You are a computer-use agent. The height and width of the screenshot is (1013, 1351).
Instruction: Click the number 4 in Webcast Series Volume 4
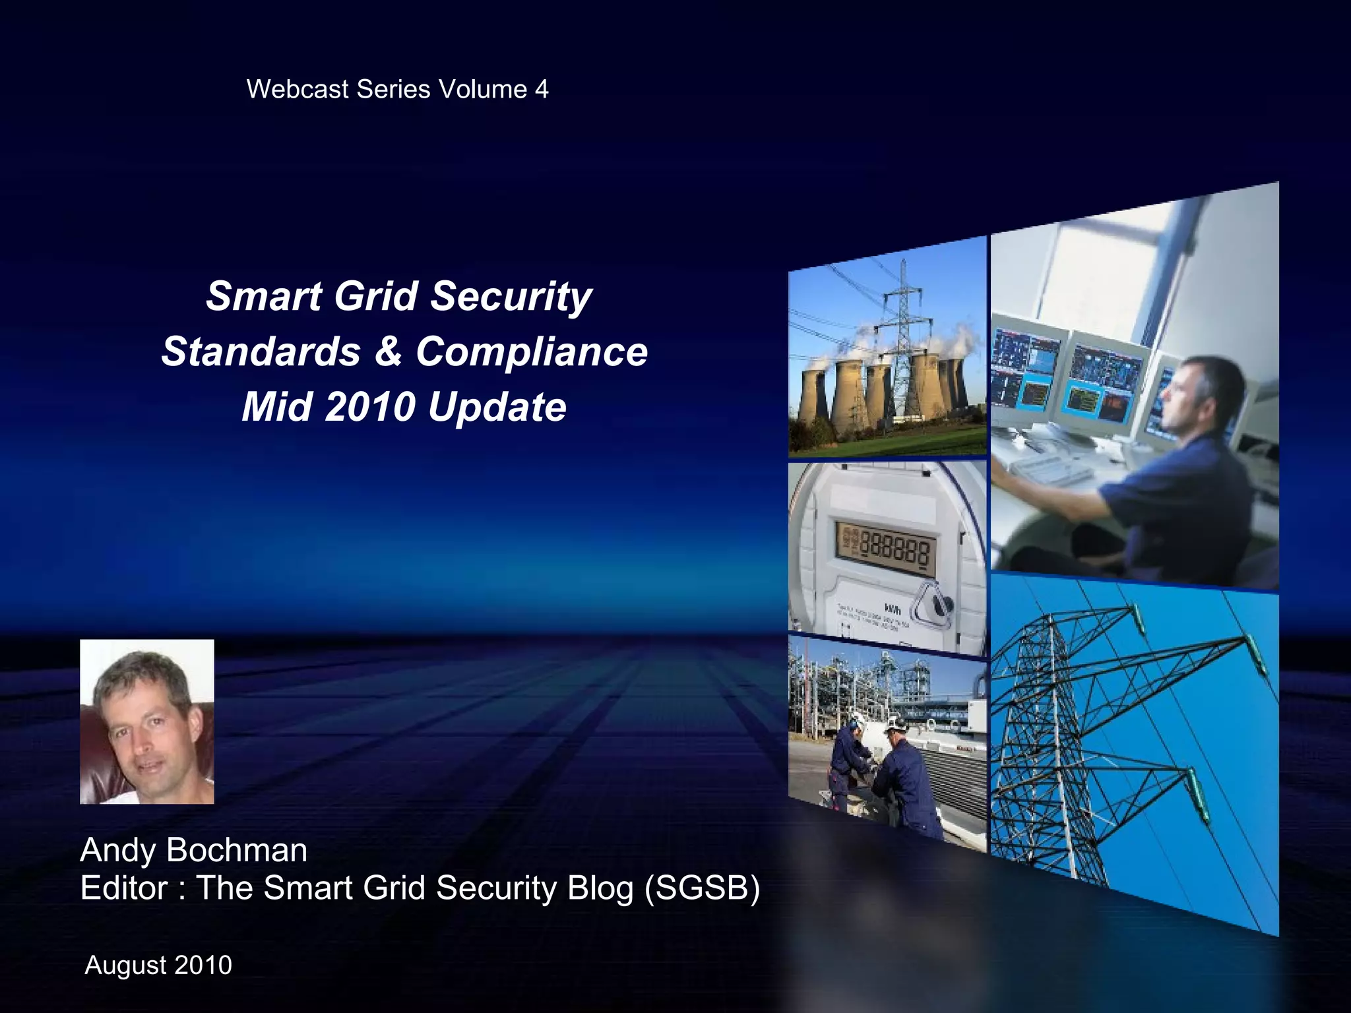(x=542, y=90)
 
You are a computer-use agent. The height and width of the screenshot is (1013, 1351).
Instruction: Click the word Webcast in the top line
(x=298, y=90)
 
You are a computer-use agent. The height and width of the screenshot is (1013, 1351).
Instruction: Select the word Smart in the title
(x=263, y=296)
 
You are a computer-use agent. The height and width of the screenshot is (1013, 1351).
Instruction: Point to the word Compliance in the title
(x=532, y=352)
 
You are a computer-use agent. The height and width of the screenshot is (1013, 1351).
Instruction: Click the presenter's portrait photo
(x=147, y=721)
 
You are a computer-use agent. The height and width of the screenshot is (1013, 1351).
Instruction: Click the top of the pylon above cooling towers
(x=903, y=264)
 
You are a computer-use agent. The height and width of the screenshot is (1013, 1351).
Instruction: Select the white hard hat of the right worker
(x=895, y=723)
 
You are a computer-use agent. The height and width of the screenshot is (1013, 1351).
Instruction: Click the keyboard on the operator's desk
(x=1042, y=468)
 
